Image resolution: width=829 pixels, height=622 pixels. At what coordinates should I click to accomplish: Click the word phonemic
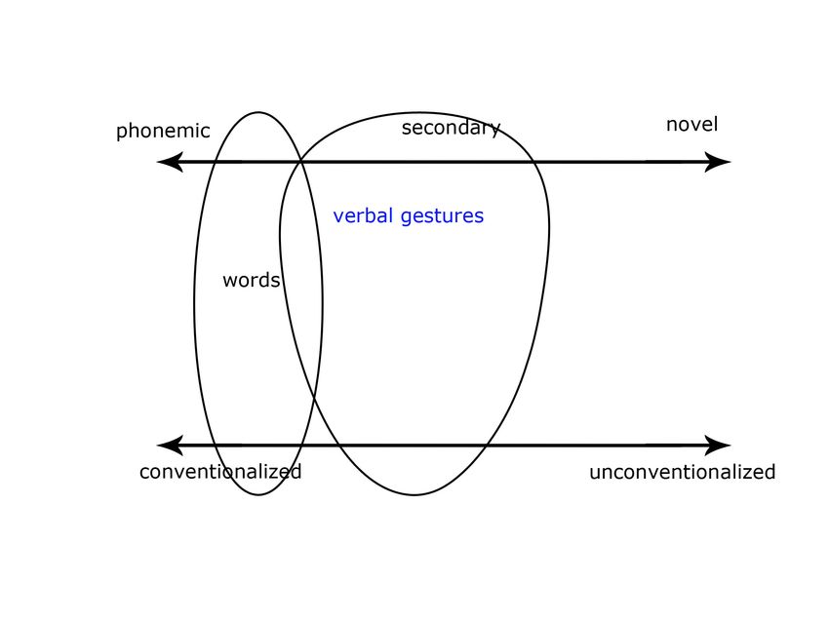pos(163,132)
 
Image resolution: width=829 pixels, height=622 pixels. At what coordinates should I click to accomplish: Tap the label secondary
pos(451,128)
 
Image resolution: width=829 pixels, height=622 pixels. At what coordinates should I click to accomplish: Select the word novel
pos(691,125)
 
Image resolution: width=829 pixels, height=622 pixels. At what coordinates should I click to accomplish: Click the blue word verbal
pos(364,216)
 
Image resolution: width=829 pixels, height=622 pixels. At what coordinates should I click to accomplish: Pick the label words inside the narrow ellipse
pos(251,281)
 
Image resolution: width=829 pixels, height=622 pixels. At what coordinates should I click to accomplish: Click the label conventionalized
pos(220,472)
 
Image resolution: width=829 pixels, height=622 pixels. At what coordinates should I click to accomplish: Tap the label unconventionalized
pos(682,473)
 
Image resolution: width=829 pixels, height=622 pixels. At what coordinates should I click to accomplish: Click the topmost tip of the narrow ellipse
pos(258,112)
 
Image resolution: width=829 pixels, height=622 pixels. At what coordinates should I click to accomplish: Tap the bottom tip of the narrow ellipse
pos(258,494)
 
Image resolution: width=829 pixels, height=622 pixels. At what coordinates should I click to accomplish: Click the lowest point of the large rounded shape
pos(414,494)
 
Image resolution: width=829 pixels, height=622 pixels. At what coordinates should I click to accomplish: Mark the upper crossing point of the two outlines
pos(300,162)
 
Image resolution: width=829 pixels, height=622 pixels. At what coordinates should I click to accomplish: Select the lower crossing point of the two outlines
pos(314,396)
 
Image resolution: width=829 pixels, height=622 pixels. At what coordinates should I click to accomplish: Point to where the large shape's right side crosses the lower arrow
pos(486,446)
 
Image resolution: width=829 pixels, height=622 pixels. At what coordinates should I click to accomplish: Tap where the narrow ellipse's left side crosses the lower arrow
pos(209,446)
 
